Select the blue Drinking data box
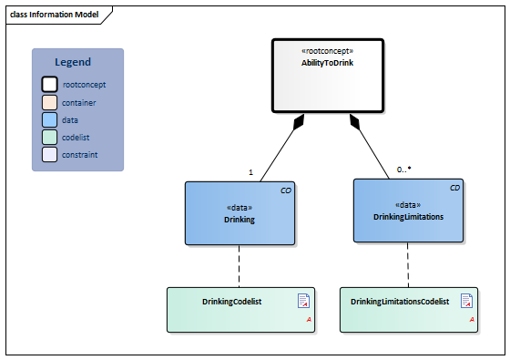240,212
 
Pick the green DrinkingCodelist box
240,309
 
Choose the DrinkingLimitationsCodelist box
407,309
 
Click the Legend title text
73,62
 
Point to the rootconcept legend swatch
49,85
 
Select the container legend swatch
49,103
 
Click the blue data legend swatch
49,120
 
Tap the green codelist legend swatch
49,138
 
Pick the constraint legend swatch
49,155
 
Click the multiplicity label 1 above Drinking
250,171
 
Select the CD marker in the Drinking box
285,190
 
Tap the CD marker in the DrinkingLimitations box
454,188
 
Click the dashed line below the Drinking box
240,265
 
